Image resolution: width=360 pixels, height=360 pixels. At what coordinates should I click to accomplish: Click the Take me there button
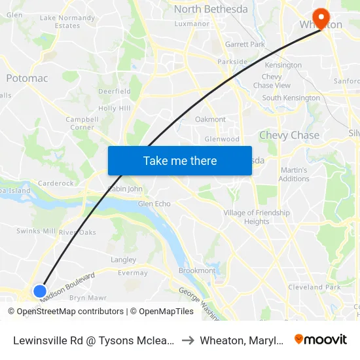tap(180, 160)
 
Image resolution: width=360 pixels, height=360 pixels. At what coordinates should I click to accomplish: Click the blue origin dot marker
tap(39, 291)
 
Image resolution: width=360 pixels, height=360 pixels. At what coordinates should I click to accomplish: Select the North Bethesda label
tap(211, 9)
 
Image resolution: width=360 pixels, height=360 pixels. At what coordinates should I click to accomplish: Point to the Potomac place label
tap(27, 79)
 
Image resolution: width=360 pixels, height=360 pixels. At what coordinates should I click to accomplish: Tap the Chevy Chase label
tap(289, 135)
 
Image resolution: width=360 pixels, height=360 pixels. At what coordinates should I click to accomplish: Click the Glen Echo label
tap(154, 204)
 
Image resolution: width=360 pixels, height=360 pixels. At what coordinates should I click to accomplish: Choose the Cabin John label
tap(125, 189)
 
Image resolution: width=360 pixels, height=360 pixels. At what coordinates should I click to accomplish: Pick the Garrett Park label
tap(245, 45)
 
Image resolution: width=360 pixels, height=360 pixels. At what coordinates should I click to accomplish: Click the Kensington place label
tap(283, 65)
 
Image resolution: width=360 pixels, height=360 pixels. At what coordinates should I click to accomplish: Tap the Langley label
tap(124, 260)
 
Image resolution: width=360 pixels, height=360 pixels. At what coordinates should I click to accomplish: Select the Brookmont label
tap(197, 271)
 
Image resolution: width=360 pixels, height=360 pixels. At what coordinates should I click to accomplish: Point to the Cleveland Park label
tap(314, 287)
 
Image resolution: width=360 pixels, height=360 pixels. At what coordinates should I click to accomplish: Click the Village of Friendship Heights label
tap(257, 217)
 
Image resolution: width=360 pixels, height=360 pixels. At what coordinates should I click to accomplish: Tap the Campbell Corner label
tap(82, 124)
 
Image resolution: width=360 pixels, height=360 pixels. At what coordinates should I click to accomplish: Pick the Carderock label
tap(56, 184)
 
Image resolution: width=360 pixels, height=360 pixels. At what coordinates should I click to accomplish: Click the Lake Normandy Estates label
tap(68, 22)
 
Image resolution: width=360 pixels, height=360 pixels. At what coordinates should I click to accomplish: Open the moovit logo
tap(321, 339)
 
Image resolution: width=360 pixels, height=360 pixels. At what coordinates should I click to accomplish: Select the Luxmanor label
tap(192, 24)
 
